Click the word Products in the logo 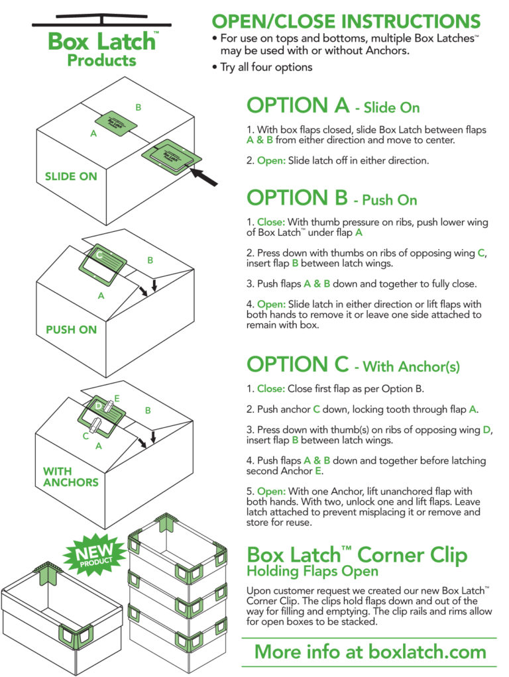point(101,61)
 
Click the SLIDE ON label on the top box point(70,176)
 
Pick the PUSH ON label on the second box point(71,329)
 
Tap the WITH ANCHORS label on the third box point(70,476)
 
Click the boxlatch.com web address point(370,651)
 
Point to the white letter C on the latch point(99,254)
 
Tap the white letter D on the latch point(98,405)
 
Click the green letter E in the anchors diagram point(117,398)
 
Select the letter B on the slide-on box point(139,107)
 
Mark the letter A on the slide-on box point(93,133)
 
